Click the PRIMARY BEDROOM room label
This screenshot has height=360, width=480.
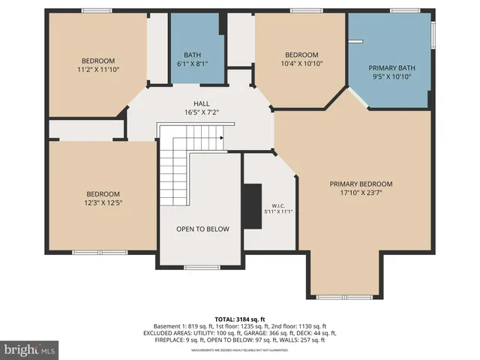click(361, 184)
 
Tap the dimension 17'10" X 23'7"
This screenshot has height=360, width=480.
click(361, 193)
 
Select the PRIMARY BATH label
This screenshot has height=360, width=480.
click(391, 68)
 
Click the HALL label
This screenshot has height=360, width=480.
click(201, 103)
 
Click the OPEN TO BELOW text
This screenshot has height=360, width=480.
click(202, 229)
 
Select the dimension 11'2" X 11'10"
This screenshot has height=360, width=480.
click(97, 70)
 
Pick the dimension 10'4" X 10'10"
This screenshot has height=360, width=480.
click(301, 64)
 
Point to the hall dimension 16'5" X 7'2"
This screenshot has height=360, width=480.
click(201, 112)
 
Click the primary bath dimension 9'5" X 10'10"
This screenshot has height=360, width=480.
click(391, 77)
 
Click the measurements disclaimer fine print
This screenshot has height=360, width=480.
click(240, 350)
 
